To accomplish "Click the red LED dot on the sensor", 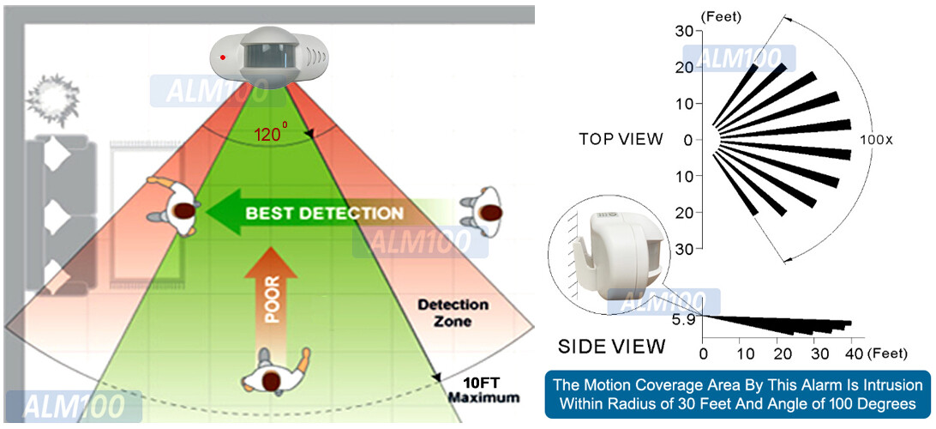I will tap(224, 57).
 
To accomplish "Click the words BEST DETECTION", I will tap(324, 213).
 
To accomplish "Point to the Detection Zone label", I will tap(453, 312).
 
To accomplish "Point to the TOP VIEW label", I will tap(621, 139).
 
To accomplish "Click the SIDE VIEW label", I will tap(611, 346).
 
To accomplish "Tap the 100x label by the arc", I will tap(876, 139).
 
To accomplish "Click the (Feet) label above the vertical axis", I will tap(721, 15).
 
